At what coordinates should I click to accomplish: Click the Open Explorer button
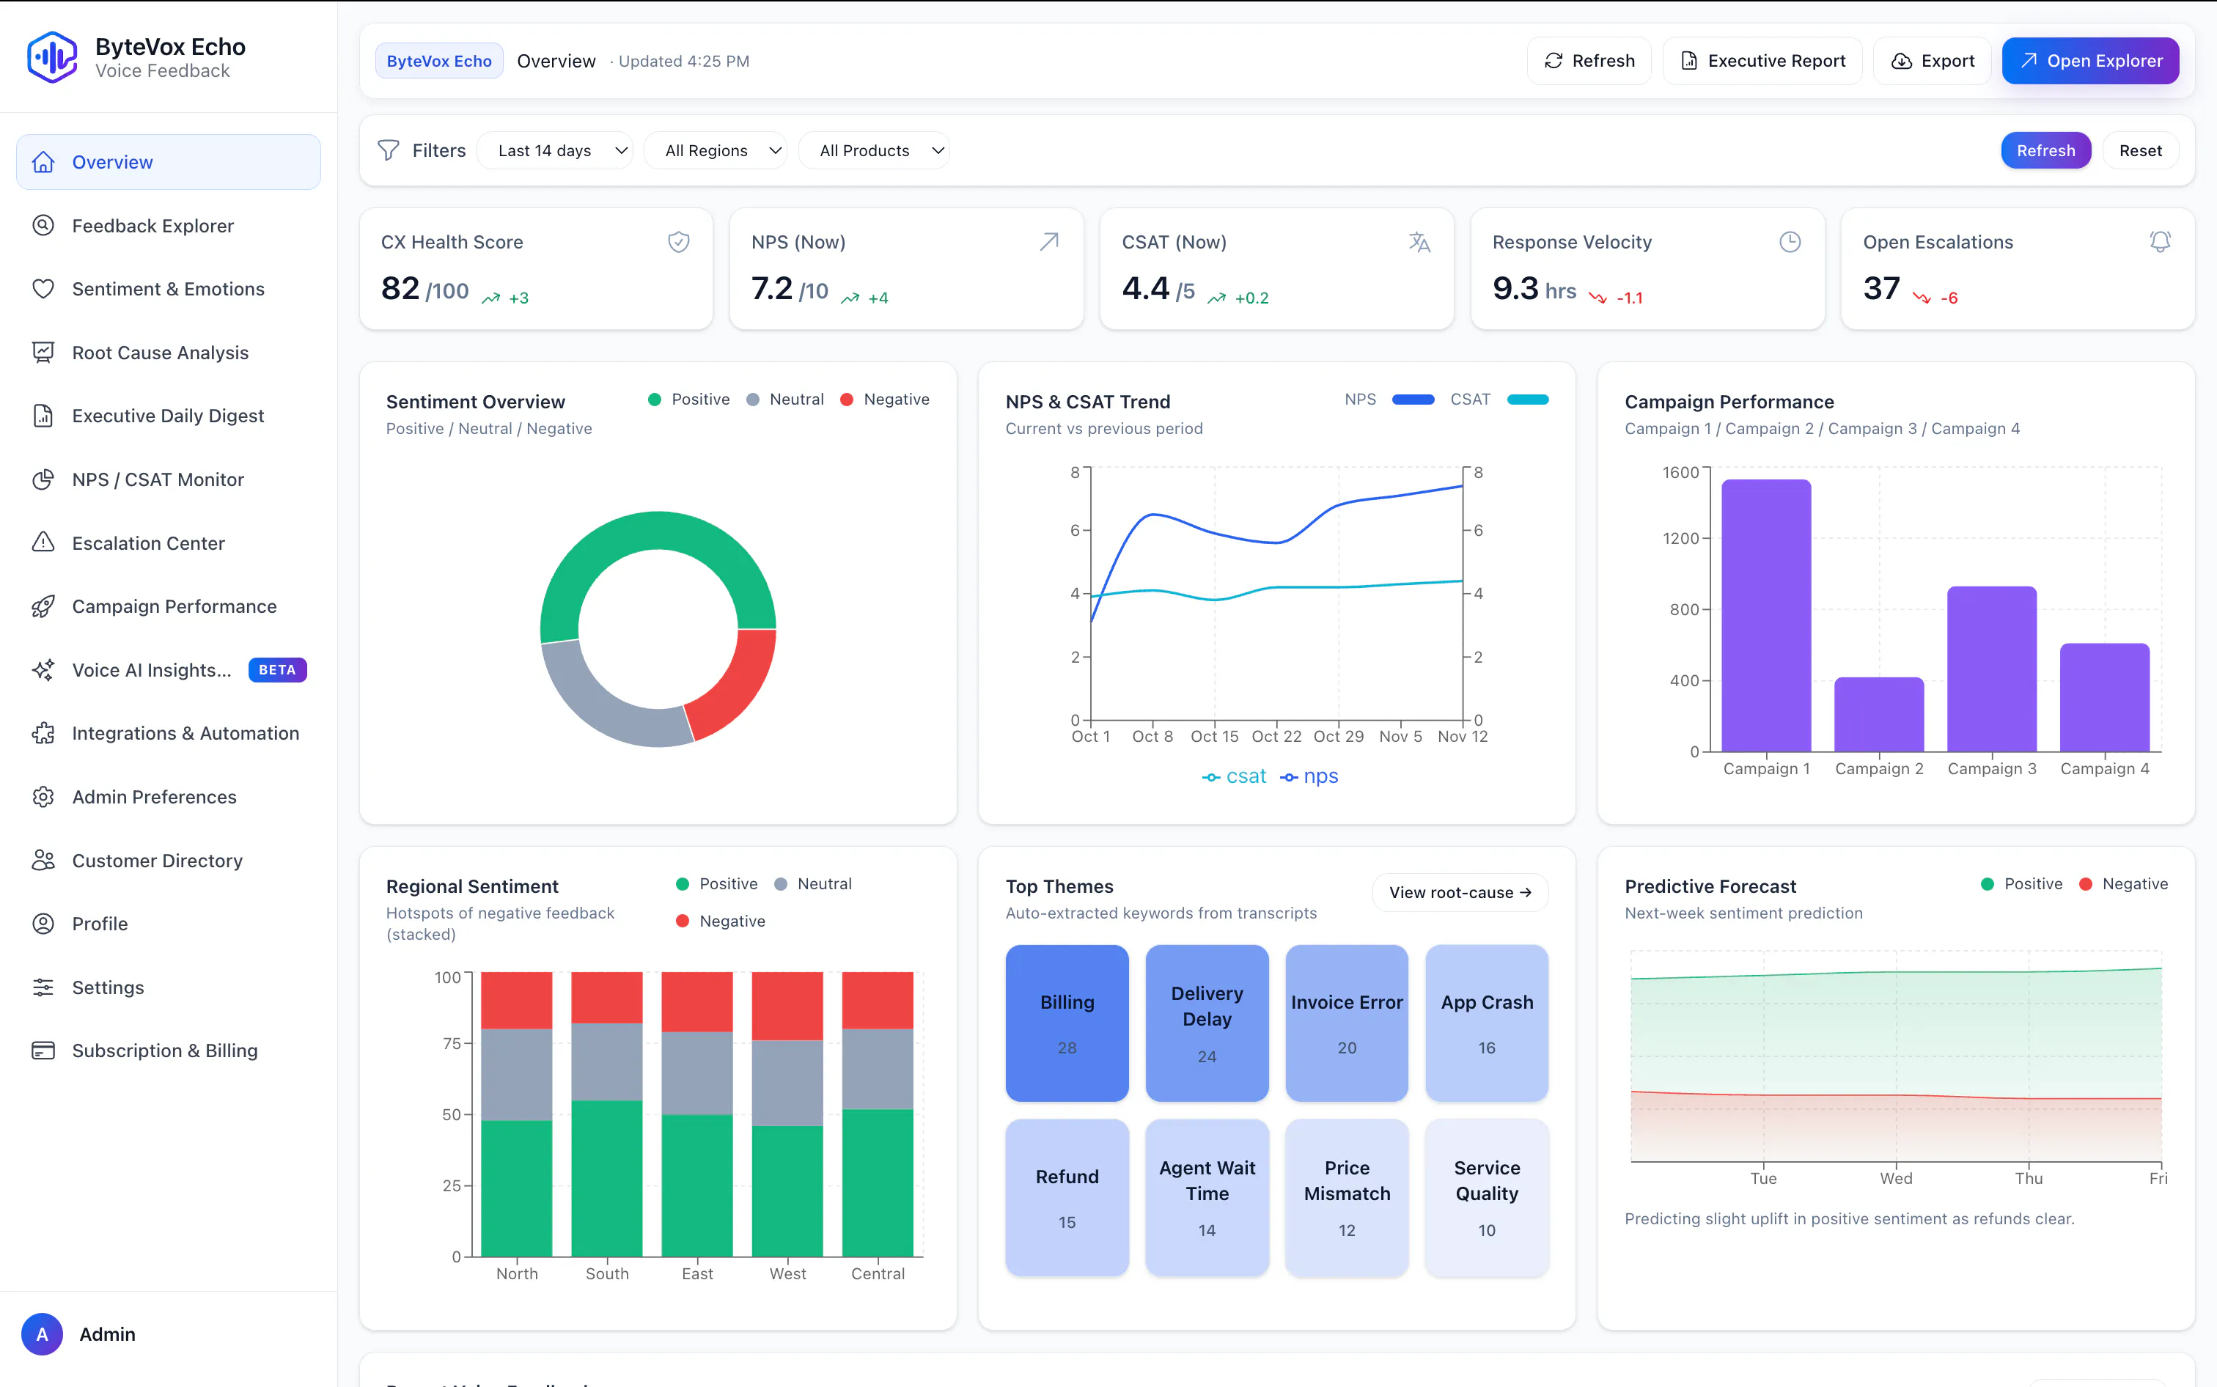[2089, 61]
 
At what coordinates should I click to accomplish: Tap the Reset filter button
[2140, 150]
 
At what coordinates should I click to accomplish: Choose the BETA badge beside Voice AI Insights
[277, 669]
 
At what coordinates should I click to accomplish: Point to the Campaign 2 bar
[1878, 715]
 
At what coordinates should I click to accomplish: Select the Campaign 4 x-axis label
[2104, 769]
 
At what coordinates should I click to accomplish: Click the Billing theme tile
[1067, 1023]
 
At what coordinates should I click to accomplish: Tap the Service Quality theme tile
[1486, 1197]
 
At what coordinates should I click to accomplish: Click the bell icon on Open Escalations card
[2160, 241]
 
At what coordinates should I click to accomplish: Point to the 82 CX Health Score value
[400, 288]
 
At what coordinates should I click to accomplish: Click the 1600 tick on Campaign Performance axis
[1680, 472]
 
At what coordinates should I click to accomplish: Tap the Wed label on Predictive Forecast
[1896, 1179]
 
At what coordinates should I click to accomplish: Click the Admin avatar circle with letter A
[43, 1333]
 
